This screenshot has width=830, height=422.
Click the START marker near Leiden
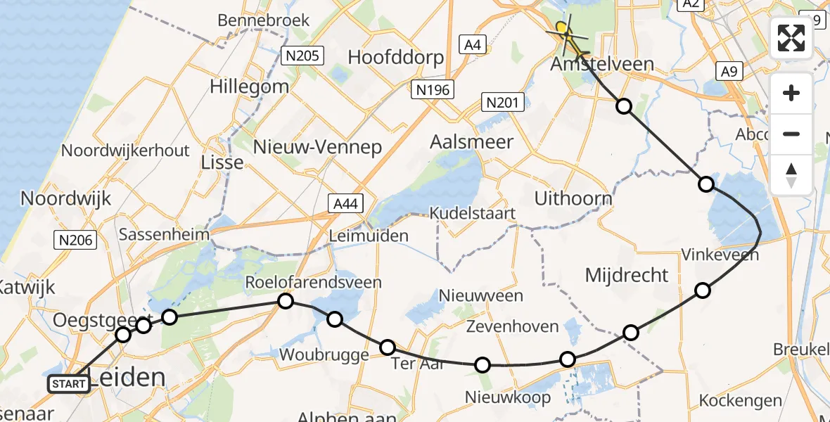[x=69, y=384]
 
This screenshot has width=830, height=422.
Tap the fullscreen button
[x=791, y=38]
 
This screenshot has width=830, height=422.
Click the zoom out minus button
[x=791, y=134]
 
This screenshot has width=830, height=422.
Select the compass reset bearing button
[x=791, y=174]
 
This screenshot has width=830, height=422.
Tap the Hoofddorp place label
[x=396, y=57]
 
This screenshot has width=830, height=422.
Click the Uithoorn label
[x=573, y=198]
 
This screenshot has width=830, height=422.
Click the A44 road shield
[x=345, y=204]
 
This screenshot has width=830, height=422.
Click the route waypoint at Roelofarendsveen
[x=285, y=302]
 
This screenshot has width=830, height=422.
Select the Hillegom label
[x=249, y=87]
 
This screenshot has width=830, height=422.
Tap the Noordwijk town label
[x=66, y=198]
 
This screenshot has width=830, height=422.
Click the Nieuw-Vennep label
[x=317, y=147]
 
